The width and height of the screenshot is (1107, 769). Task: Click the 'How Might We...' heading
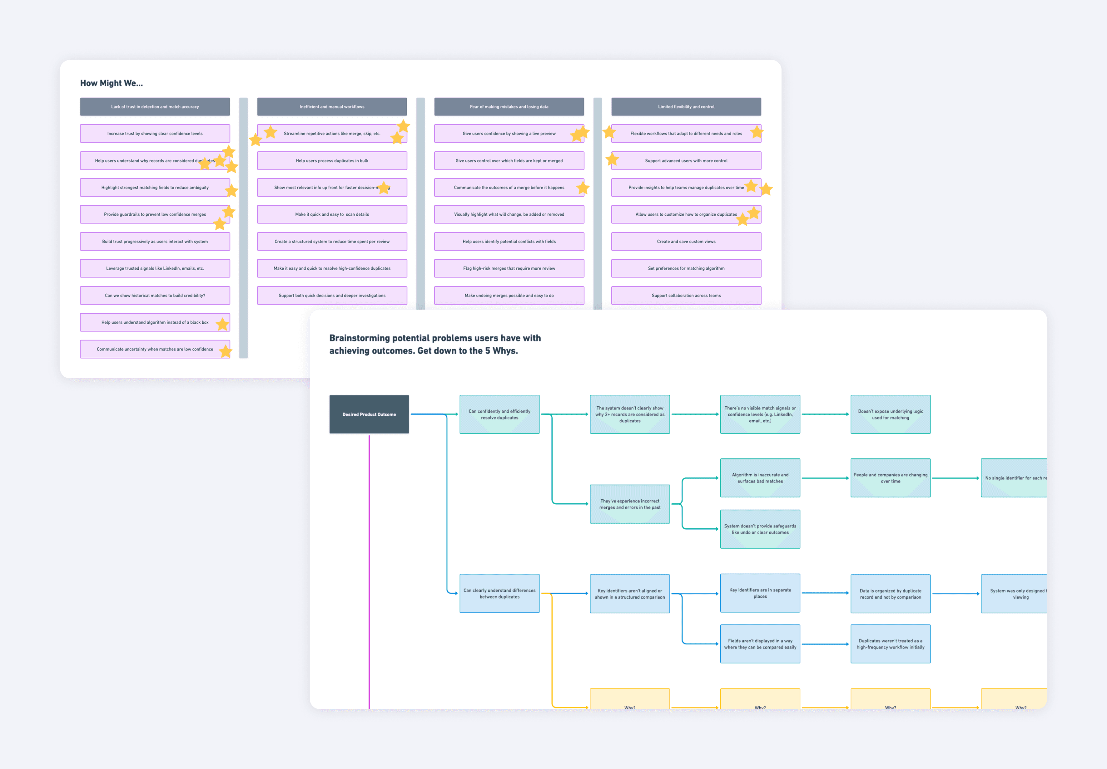(x=112, y=83)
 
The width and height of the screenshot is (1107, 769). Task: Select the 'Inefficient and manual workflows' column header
(x=332, y=106)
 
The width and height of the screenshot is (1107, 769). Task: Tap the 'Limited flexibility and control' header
(x=686, y=106)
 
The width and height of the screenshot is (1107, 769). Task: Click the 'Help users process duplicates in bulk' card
(x=332, y=160)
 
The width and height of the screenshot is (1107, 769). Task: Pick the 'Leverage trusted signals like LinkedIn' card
(x=155, y=268)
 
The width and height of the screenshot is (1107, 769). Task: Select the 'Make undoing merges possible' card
(x=509, y=295)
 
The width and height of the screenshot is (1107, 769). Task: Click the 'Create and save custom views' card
(x=686, y=241)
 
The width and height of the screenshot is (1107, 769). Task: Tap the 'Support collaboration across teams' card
(x=686, y=295)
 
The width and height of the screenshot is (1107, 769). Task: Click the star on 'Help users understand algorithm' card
(x=222, y=324)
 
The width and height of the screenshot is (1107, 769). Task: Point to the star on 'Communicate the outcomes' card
(x=583, y=188)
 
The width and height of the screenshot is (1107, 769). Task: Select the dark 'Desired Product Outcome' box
(x=369, y=414)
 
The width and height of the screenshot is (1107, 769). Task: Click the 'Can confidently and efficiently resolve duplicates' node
(x=499, y=414)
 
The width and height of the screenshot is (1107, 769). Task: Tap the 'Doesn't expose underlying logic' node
(x=890, y=414)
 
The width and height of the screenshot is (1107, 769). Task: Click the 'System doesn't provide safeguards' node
(x=760, y=529)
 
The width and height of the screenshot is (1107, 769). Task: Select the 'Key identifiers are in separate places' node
(x=760, y=593)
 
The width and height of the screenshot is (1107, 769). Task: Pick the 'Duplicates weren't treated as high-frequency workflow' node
(x=890, y=644)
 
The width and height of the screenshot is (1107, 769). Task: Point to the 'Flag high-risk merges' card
(x=509, y=268)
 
